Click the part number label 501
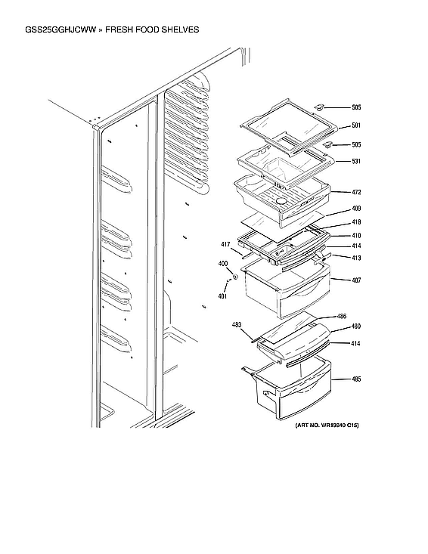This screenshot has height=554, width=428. tap(356, 126)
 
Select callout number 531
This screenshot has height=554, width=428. tap(356, 162)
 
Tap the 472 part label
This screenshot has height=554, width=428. tap(356, 192)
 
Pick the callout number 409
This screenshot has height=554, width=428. tap(356, 209)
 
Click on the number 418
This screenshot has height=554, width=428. tap(356, 222)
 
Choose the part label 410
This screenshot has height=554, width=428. tap(356, 235)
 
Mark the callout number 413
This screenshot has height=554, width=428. tap(356, 258)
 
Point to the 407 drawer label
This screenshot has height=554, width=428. tap(356, 281)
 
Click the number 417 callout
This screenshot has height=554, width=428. tap(225, 244)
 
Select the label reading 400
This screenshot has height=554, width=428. tap(223, 263)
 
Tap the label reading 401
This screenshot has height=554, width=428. tap(222, 296)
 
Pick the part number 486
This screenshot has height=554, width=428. tap(342, 316)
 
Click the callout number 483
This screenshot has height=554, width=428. tap(237, 325)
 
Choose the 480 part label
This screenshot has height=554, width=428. tap(356, 327)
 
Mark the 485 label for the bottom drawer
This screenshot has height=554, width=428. tap(356, 379)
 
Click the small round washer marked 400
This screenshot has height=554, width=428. tap(234, 277)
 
